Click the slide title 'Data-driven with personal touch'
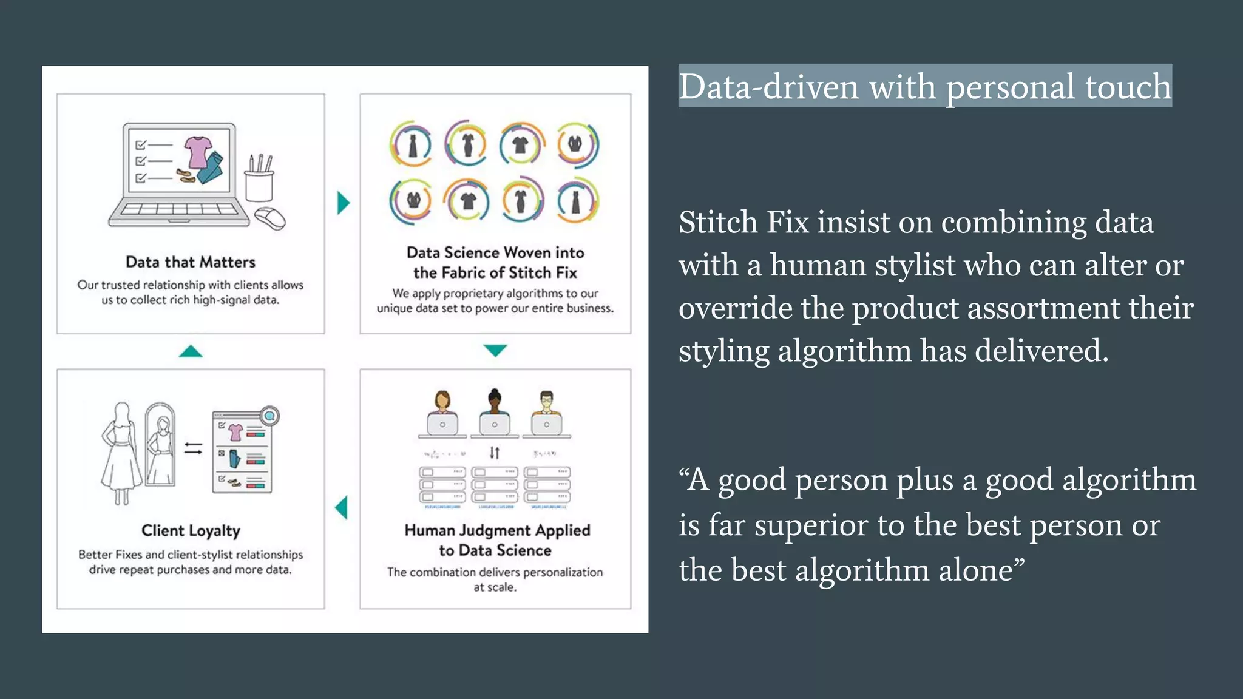click(924, 87)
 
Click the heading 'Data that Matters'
click(191, 262)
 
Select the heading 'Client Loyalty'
click(191, 531)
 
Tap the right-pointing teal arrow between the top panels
click(344, 203)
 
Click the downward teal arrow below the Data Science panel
click(495, 350)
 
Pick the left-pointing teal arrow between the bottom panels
click(342, 508)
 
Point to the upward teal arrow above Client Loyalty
click(191, 351)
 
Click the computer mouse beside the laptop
click(270, 218)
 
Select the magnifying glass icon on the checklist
click(269, 416)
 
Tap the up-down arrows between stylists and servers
click(495, 453)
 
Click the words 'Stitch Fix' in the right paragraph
click(743, 222)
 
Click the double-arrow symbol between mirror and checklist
click(193, 448)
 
